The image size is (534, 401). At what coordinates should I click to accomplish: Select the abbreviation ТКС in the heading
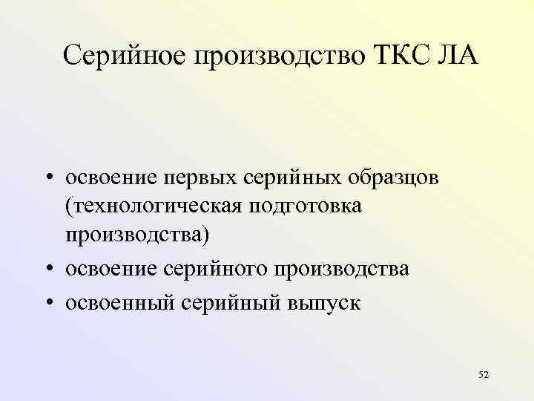pyautogui.click(x=403, y=56)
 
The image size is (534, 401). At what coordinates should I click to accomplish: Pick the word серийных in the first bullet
pyautogui.click(x=292, y=179)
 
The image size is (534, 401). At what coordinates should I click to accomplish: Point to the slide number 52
pyautogui.click(x=484, y=374)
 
